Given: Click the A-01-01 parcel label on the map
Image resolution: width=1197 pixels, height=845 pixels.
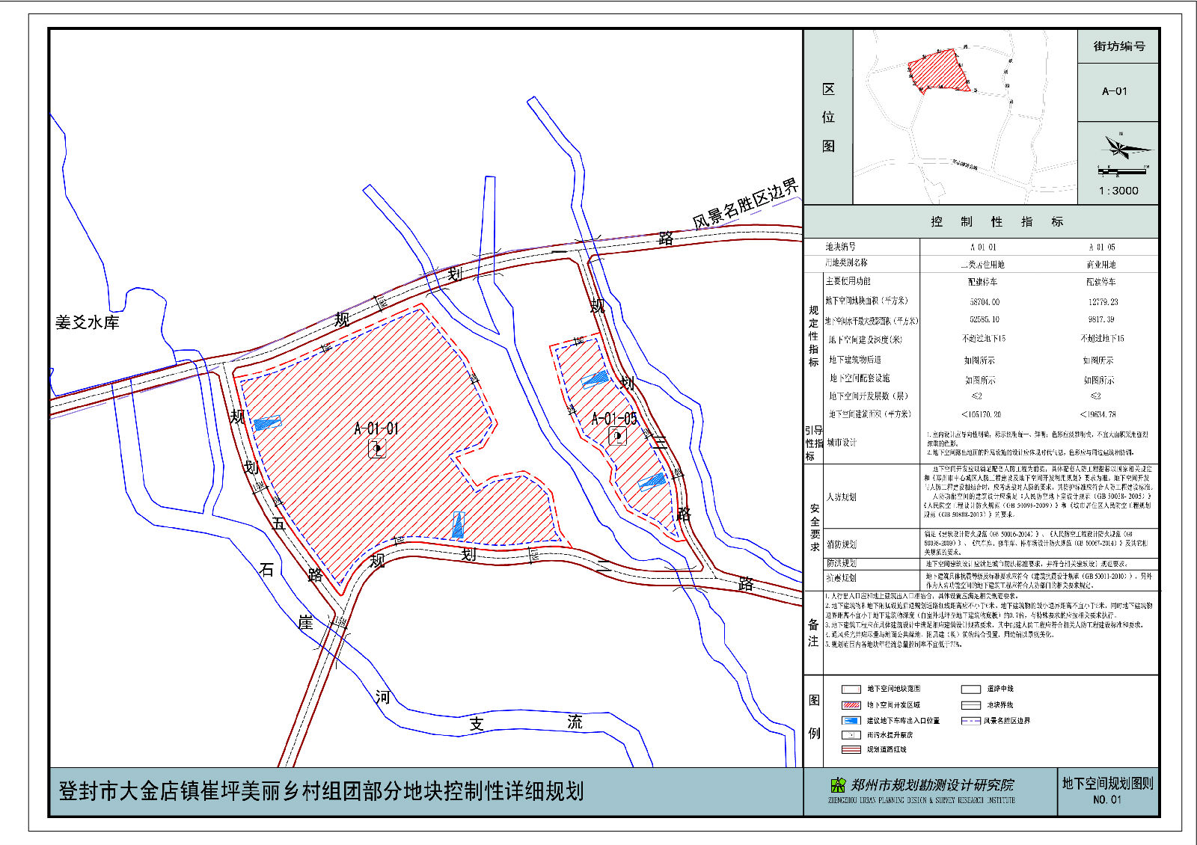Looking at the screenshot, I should [x=376, y=428].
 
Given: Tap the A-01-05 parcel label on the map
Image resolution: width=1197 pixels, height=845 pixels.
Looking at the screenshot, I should [x=614, y=419].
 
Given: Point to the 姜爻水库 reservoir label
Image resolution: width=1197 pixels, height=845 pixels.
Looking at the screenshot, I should [x=88, y=322].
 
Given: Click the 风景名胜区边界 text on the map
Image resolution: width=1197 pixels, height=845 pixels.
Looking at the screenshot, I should [x=745, y=203].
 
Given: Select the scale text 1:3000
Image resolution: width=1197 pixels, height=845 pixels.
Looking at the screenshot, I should [x=1118, y=191].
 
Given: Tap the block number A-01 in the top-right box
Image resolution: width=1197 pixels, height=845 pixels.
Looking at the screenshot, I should [x=1115, y=91].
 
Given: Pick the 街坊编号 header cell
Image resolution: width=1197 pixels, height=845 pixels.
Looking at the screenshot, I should [x=1118, y=46].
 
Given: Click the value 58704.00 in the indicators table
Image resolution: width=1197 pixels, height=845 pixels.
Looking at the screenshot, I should [x=985, y=302].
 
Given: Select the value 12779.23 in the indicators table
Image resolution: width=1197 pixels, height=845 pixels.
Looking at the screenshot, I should [x=1103, y=302].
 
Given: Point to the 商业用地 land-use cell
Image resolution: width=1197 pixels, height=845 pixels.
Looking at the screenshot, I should [x=1101, y=265].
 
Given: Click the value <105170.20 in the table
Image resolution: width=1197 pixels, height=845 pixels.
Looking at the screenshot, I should [x=981, y=414].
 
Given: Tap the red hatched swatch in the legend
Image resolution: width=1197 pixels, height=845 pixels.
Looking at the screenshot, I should [x=851, y=705].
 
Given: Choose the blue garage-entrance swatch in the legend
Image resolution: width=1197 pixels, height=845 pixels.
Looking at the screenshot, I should [x=851, y=721].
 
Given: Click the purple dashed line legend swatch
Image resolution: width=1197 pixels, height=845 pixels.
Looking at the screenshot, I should [x=970, y=721].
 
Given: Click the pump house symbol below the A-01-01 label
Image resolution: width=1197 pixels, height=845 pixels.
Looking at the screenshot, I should [x=377, y=449].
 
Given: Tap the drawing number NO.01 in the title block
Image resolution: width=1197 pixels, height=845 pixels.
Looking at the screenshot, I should [x=1107, y=799].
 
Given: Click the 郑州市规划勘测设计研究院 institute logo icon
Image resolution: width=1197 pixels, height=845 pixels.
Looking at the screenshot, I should [x=838, y=785].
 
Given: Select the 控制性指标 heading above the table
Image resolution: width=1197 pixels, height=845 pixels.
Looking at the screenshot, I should [x=997, y=222].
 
